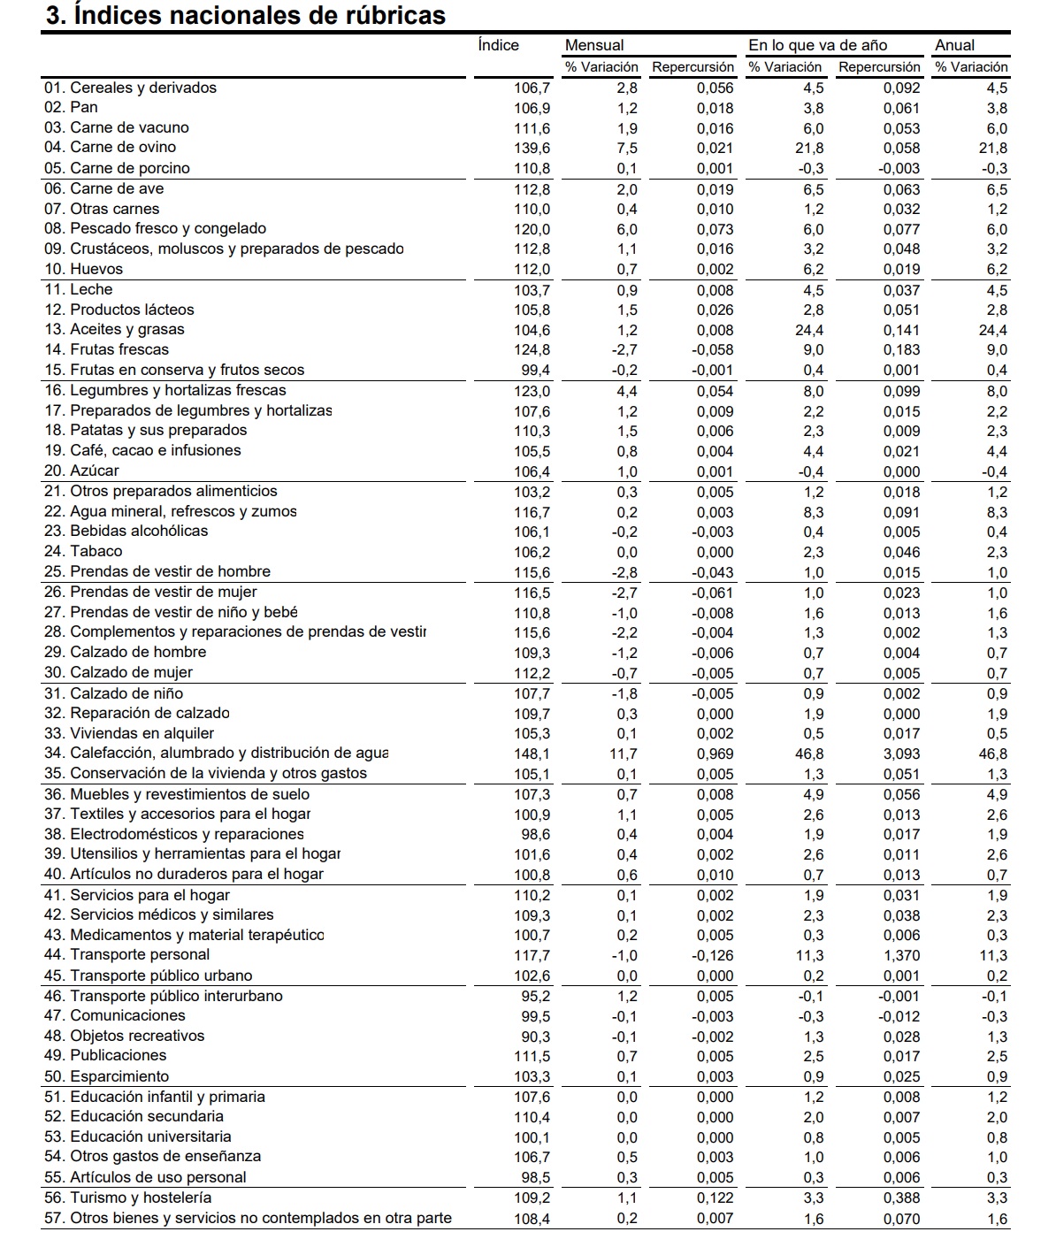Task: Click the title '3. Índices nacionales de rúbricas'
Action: [245, 15]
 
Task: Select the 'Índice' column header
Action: [498, 45]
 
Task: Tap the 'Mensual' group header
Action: [594, 45]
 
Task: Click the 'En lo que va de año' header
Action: [817, 45]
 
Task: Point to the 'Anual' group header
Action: [954, 45]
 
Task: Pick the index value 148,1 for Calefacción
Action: [532, 754]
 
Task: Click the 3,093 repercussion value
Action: [901, 754]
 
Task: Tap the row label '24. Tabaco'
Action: [84, 552]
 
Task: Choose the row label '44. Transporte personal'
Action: [127, 955]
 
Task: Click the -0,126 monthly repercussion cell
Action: [713, 956]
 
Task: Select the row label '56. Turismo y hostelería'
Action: [128, 1198]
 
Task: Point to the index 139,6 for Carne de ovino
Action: [532, 149]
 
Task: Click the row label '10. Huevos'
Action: [84, 270]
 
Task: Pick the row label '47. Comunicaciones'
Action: [115, 1016]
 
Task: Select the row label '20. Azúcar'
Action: [81, 471]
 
